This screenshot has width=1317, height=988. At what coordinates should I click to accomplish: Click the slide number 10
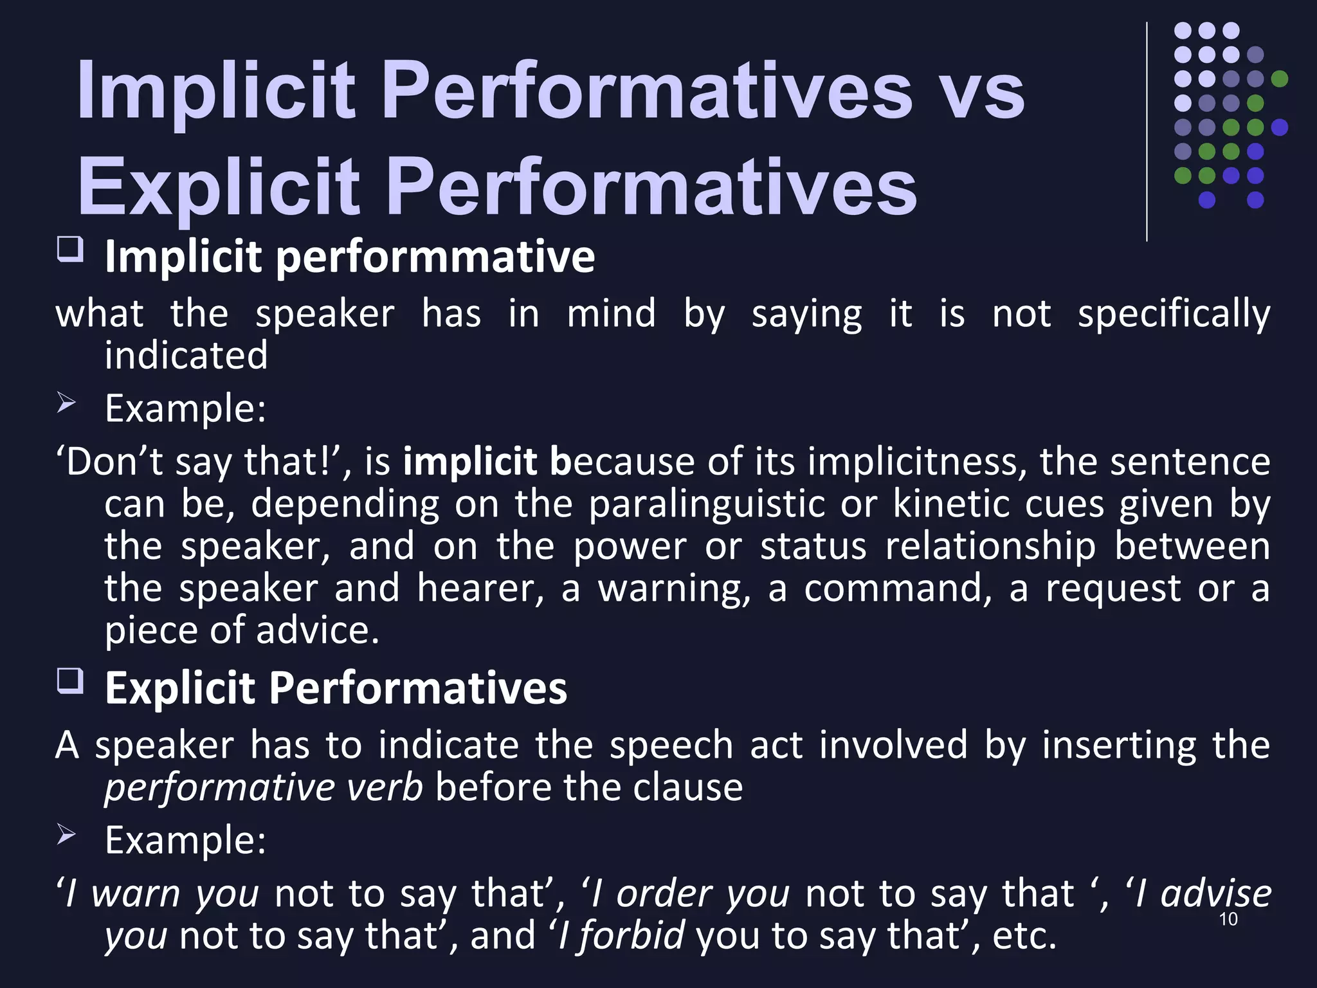coord(1228,919)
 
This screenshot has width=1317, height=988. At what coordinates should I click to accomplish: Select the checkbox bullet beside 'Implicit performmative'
coord(70,249)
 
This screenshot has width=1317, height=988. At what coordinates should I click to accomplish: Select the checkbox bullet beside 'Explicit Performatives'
coord(70,681)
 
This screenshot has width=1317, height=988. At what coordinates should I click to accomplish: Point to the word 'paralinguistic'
coord(707,504)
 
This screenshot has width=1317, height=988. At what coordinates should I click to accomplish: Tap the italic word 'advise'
coord(1216,894)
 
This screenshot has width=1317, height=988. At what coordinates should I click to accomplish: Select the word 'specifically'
coord(1174,315)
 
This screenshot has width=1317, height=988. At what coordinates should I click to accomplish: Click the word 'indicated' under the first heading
coord(186,356)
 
